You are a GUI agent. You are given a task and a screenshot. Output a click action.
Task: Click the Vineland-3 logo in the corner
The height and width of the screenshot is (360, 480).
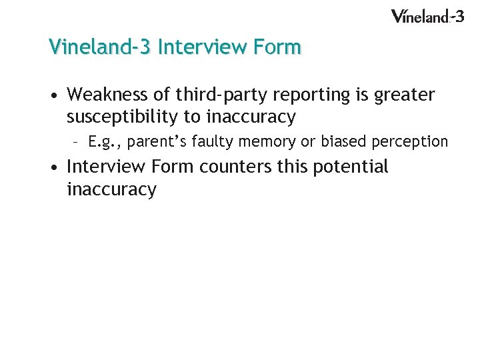(427, 15)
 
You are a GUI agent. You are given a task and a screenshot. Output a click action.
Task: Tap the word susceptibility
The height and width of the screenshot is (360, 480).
(123, 118)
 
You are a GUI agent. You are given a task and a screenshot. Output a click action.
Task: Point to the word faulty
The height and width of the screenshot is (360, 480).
(207, 141)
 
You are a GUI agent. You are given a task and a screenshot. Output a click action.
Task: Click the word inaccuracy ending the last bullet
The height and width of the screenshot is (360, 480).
(111, 189)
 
